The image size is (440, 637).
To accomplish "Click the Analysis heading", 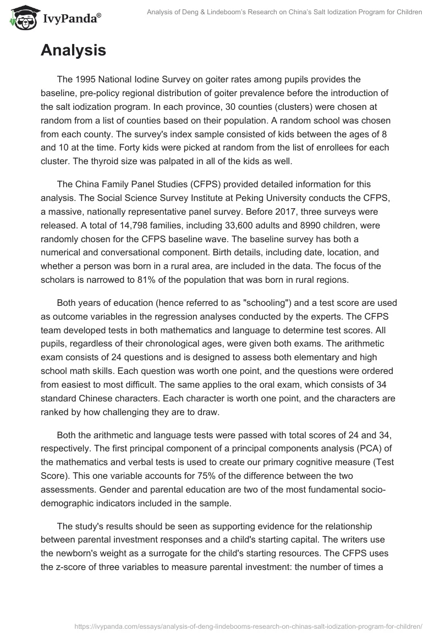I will (x=73, y=51).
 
